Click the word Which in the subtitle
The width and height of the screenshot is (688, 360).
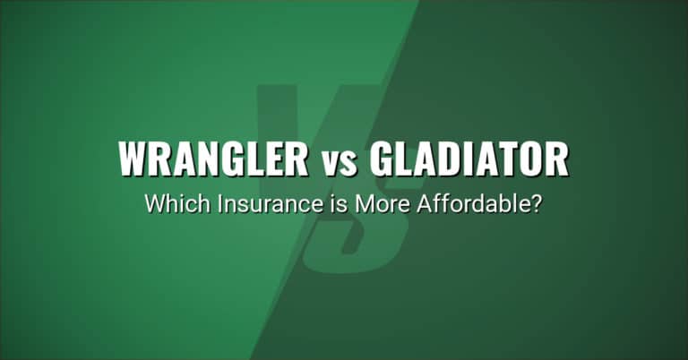tap(170, 204)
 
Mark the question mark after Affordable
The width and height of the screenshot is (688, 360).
tap(536, 204)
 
